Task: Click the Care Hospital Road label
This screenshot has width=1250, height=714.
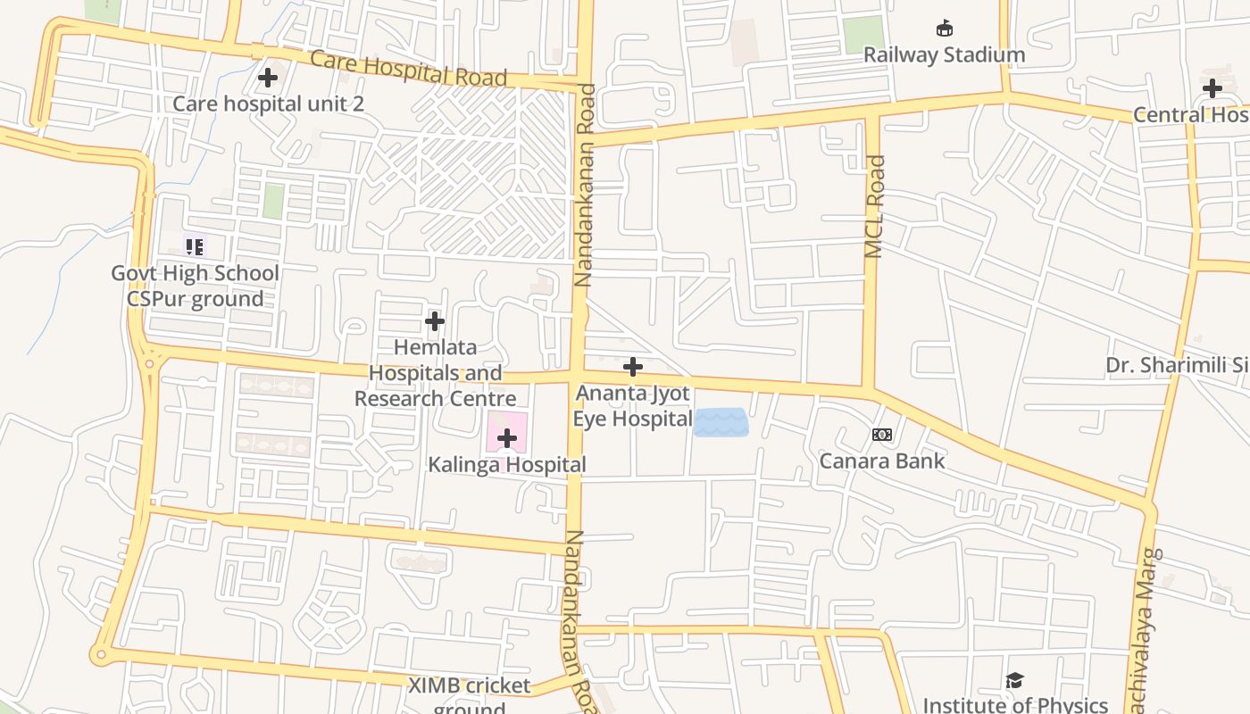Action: point(409,70)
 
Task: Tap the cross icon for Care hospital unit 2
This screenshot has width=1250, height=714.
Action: point(267,78)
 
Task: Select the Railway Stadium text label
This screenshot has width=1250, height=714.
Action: point(944,54)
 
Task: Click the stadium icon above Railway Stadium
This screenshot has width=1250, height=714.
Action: point(944,29)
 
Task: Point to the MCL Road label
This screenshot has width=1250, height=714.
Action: point(875,207)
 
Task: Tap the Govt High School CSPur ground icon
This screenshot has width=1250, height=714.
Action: point(195,245)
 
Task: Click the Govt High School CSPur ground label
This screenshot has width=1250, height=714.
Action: point(195,286)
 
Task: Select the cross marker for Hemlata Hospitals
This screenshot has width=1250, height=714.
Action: point(435,320)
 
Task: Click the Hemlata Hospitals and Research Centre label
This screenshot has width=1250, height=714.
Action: point(436,372)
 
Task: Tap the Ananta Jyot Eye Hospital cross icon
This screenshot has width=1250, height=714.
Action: point(633,367)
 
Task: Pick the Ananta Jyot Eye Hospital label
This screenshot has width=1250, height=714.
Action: point(633,405)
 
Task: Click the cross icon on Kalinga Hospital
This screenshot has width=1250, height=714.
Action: point(507,438)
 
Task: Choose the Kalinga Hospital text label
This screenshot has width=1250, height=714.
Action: point(507,465)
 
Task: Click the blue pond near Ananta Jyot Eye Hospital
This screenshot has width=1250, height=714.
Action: point(721,422)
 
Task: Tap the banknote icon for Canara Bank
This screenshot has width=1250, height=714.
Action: point(882,435)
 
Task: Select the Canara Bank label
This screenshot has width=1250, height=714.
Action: point(882,461)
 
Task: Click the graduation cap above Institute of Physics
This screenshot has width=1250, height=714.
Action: point(1014,682)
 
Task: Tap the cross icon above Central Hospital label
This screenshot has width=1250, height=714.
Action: point(1212,88)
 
